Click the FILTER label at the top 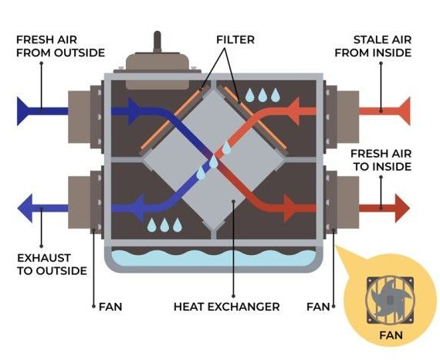235,39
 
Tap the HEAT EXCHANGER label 226,307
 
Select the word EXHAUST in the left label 44,258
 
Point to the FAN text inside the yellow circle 391,335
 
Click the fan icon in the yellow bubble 390,301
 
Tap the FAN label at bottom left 110,307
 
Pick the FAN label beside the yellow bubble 318,307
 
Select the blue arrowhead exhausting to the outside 25,208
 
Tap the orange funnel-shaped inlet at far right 404,111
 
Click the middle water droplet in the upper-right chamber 262,95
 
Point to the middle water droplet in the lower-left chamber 164,225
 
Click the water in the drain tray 213,258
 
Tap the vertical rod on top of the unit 157,42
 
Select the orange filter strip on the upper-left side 171,119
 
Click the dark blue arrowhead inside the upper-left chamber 134,111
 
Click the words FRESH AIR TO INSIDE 381,160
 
